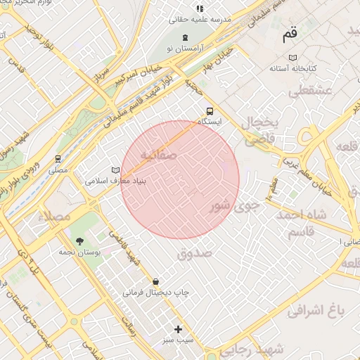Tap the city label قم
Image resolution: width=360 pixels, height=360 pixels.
point(289,33)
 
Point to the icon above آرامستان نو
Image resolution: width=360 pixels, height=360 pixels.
point(184,37)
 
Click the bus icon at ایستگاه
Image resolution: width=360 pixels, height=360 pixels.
point(210,110)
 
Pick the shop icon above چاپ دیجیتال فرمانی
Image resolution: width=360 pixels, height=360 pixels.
point(155,281)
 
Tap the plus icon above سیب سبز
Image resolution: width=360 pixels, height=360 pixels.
point(178,329)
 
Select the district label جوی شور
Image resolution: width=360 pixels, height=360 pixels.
point(236,207)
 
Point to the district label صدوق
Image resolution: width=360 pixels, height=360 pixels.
point(195,253)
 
